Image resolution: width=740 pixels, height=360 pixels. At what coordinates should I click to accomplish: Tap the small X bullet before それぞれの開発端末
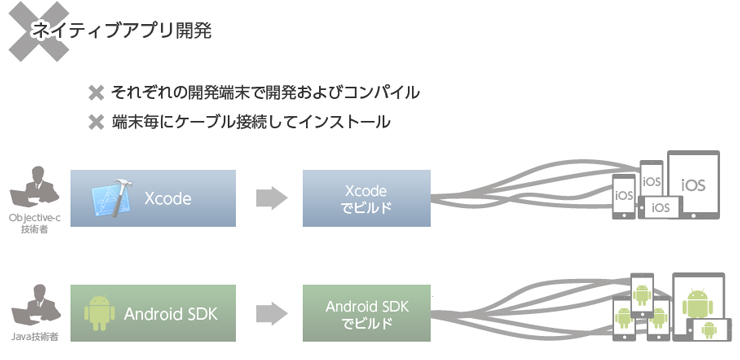click(96, 93)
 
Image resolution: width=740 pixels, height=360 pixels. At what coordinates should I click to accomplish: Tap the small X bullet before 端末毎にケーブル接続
click(96, 123)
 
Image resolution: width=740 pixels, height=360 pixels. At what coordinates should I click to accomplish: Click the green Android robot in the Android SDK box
click(99, 313)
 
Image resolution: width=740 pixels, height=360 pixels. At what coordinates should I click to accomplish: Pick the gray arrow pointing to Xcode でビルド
click(271, 198)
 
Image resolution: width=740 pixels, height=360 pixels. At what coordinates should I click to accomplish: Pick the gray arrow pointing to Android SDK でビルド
click(271, 313)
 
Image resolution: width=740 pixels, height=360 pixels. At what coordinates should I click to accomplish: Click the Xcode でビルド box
click(366, 198)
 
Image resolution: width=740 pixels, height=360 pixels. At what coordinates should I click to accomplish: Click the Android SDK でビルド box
click(366, 313)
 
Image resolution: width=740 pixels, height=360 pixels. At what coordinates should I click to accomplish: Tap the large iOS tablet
click(693, 185)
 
